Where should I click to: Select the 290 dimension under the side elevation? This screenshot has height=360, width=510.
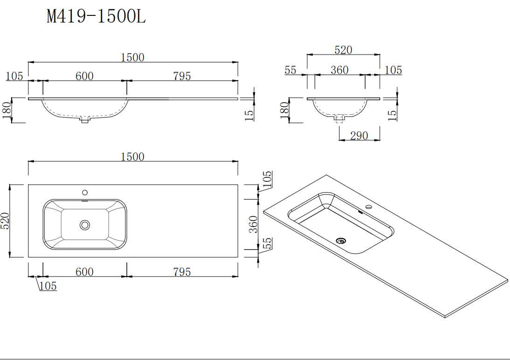(x=358, y=136)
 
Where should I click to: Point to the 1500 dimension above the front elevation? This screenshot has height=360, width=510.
(x=132, y=57)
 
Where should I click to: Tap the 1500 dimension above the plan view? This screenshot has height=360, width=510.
(x=132, y=157)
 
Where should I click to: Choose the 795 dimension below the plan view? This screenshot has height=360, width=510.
(x=182, y=271)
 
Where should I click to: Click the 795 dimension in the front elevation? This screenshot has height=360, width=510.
(x=182, y=76)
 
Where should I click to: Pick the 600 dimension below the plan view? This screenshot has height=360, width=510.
(x=84, y=271)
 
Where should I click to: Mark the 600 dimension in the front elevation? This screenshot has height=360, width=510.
(x=84, y=76)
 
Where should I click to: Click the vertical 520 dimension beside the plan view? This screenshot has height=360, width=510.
(x=6, y=221)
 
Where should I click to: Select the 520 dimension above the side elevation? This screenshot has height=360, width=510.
(x=343, y=50)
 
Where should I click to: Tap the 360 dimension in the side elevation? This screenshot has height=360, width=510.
(x=339, y=70)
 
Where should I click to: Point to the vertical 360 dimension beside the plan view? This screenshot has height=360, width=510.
(x=254, y=224)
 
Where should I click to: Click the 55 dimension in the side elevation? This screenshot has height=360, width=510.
(x=290, y=70)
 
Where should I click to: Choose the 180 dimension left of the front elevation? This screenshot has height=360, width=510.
(x=7, y=111)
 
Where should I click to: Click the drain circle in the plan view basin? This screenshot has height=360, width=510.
(x=84, y=225)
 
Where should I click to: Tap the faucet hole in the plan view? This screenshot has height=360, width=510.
(x=85, y=192)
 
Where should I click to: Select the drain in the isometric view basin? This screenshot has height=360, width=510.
(x=341, y=241)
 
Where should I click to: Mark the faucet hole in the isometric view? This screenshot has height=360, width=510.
(x=368, y=207)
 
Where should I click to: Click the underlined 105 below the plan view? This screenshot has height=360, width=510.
(x=48, y=286)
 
